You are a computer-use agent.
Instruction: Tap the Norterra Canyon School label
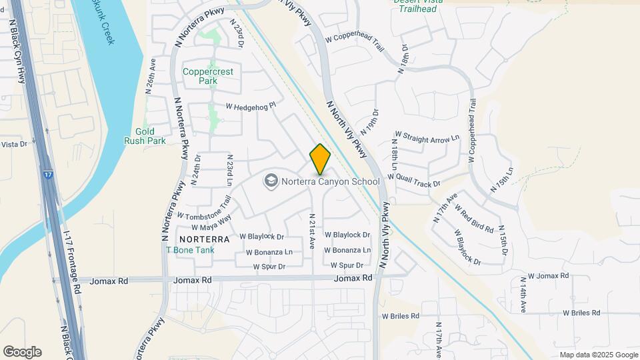click(330, 181)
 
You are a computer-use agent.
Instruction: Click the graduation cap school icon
click(271, 181)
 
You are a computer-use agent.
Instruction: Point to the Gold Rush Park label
click(145, 136)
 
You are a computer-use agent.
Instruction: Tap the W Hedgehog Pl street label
click(251, 105)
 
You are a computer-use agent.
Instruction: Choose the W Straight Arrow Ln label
click(427, 138)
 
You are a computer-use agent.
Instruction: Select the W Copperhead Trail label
click(355, 43)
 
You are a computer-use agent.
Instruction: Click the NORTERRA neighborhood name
click(204, 239)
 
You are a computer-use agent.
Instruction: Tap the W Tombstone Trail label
click(204, 207)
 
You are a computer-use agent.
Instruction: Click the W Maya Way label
click(213, 222)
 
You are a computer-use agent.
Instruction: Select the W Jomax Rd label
click(548, 275)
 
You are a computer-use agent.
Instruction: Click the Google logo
click(22, 352)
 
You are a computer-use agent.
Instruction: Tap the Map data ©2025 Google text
click(599, 355)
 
